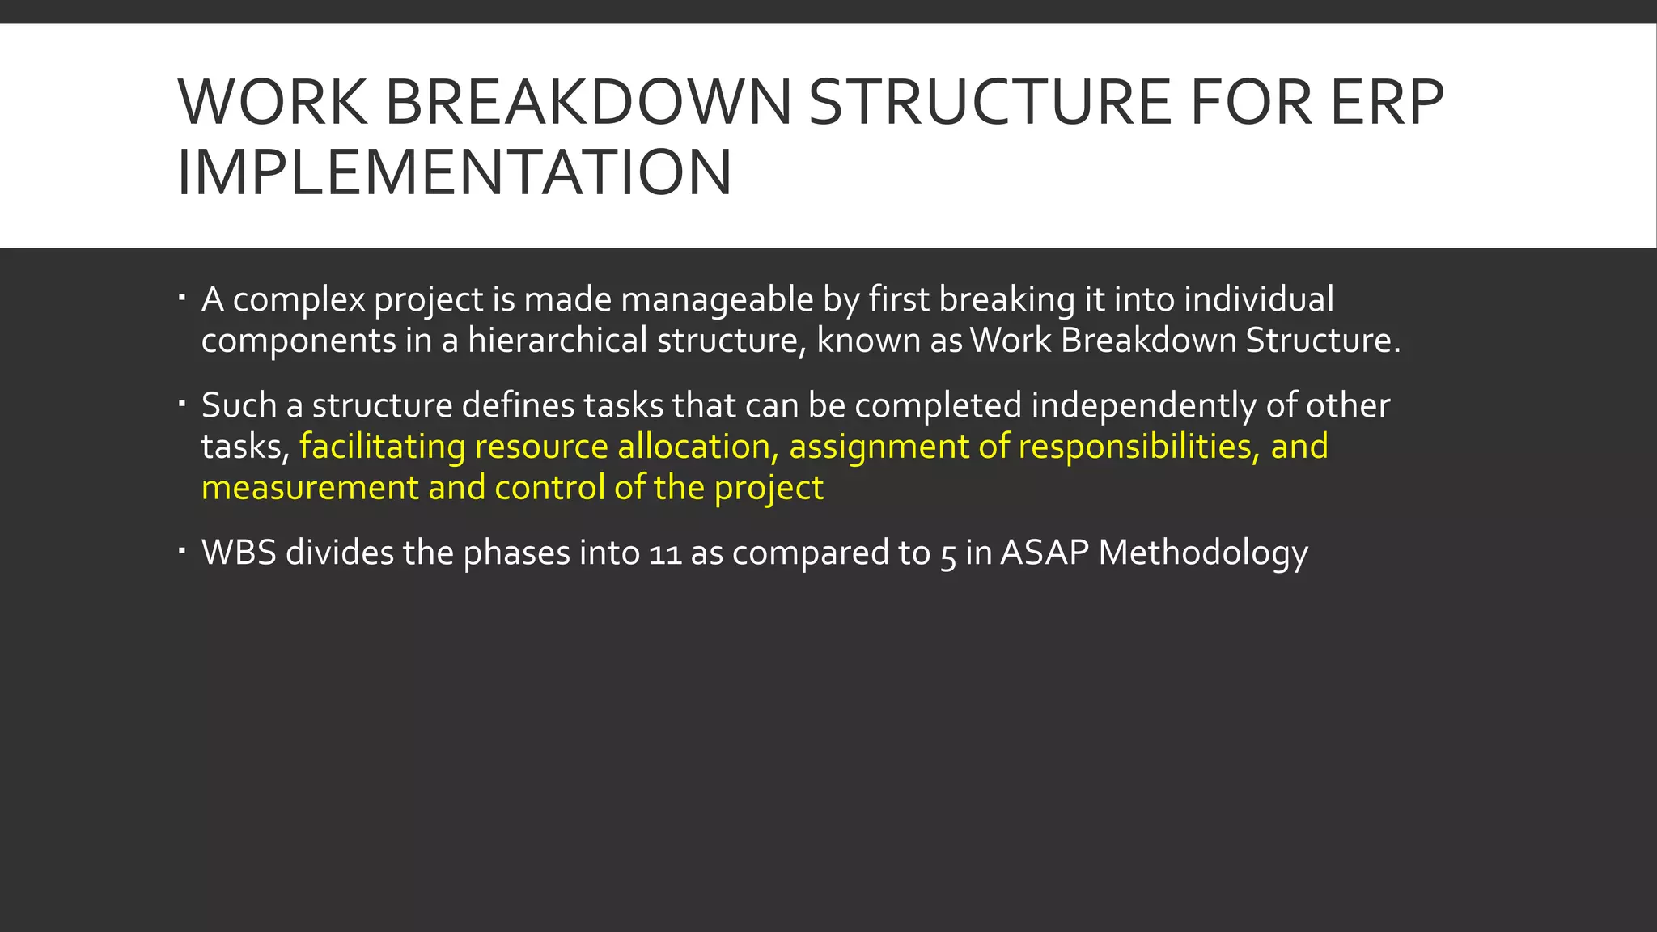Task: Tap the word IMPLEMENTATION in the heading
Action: click(x=455, y=172)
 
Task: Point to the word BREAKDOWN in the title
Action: click(x=588, y=103)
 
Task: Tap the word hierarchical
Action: click(x=557, y=341)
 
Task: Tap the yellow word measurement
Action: click(x=310, y=488)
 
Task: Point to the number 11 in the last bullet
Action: click(x=664, y=554)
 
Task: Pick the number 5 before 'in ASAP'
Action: click(x=947, y=556)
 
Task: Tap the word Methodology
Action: click(x=1203, y=554)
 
